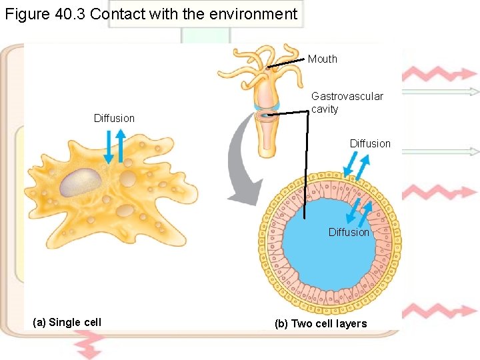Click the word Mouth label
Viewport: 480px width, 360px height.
point(323,59)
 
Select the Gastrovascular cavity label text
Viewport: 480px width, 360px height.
point(347,103)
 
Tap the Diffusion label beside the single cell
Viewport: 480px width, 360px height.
point(114,119)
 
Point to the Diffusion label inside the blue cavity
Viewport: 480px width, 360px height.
point(348,233)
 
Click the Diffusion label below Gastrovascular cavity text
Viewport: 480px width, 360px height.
point(370,144)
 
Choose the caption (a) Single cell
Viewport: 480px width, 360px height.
point(67,323)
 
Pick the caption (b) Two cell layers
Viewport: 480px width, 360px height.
point(321,324)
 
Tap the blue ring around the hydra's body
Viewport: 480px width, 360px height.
point(267,106)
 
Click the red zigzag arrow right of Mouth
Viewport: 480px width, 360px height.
point(440,73)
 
